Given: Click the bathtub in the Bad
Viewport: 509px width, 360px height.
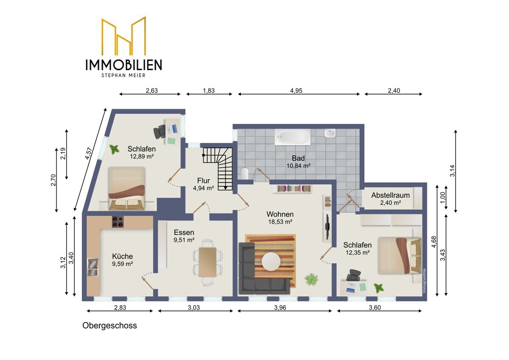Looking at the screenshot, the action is click(x=292, y=137).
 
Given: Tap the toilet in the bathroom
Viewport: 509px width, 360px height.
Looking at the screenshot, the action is click(x=244, y=174).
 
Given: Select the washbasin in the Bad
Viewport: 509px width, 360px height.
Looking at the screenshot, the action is click(x=330, y=133).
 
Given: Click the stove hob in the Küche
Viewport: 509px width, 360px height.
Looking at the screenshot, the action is click(x=118, y=222).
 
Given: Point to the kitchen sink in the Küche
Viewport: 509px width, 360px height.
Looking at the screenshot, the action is click(x=93, y=267).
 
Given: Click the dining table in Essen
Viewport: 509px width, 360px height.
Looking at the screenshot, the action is click(x=207, y=262).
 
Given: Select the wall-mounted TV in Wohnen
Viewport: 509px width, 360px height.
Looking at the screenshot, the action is click(x=327, y=227).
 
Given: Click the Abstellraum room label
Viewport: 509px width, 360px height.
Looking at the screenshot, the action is click(x=390, y=195).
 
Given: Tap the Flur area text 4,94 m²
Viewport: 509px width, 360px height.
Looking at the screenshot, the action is click(x=203, y=188).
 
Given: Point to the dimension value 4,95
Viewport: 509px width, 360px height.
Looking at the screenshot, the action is click(x=296, y=91).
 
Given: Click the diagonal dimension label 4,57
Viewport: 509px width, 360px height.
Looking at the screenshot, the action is click(x=89, y=153).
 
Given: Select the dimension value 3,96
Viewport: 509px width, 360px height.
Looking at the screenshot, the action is click(x=280, y=308).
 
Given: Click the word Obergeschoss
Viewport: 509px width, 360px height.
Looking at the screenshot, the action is click(x=109, y=326).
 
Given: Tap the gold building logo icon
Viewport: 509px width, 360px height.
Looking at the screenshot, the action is click(x=123, y=36).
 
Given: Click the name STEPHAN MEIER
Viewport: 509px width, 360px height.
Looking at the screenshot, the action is click(x=123, y=75).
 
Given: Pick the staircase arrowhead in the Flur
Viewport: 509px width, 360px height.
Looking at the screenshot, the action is click(x=225, y=188).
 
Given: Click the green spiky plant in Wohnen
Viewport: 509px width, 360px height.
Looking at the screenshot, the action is click(x=311, y=279).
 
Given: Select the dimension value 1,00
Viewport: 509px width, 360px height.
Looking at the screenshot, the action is click(x=442, y=198).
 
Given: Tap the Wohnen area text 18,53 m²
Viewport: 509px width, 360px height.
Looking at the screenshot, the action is click(x=280, y=222).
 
